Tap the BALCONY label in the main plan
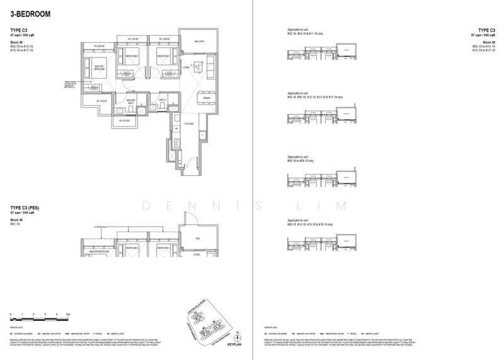(x=192, y=42)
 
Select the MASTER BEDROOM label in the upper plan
(x=100, y=69)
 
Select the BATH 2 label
(x=162, y=100)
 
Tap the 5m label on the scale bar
(x=67, y=313)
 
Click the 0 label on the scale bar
(x=11, y=313)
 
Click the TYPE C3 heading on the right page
(x=486, y=30)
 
